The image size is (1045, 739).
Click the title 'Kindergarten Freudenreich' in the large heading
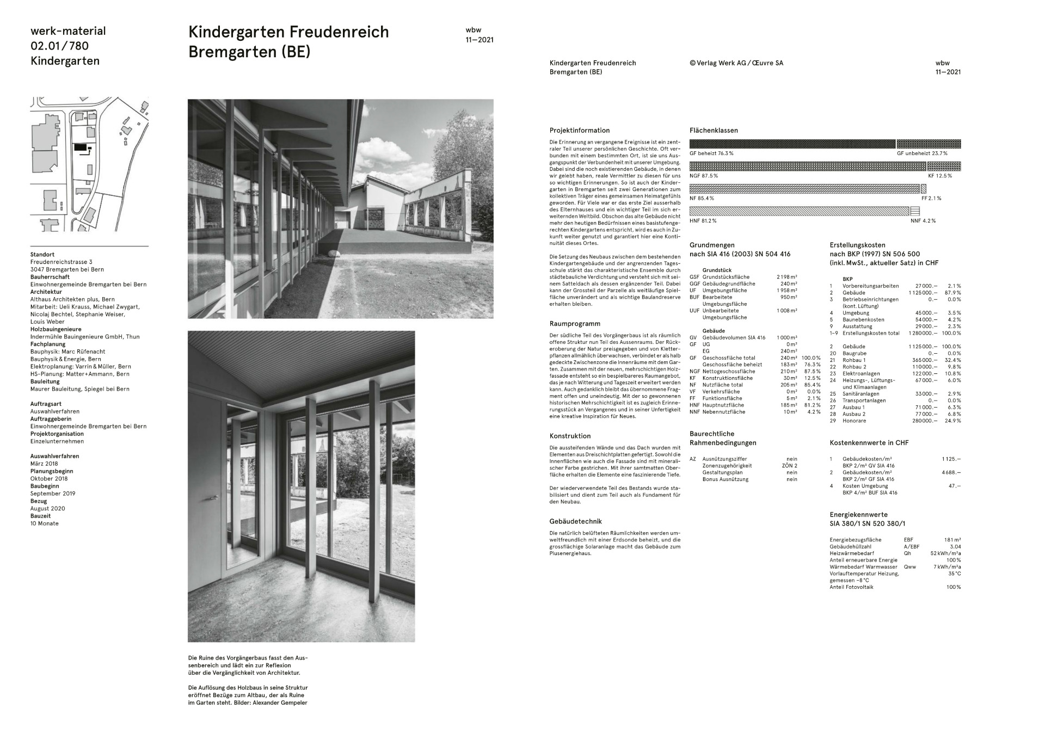pyautogui.click(x=288, y=32)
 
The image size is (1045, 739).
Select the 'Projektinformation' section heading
pyautogui.click(x=580, y=131)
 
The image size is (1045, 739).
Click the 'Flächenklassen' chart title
pyautogui.click(x=714, y=131)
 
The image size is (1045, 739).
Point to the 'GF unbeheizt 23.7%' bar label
pyautogui.click(x=922, y=153)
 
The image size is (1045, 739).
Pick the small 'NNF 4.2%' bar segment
pyautogui.click(x=915, y=211)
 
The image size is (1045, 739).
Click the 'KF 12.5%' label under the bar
pyautogui.click(x=940, y=176)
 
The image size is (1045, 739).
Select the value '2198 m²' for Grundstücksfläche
pyautogui.click(x=786, y=277)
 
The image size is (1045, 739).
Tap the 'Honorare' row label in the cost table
pyautogui.click(x=853, y=421)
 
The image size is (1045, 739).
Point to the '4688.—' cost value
pyautogui.click(x=951, y=472)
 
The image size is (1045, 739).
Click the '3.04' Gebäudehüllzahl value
pyautogui.click(x=955, y=546)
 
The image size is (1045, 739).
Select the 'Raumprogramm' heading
pyautogui.click(x=575, y=324)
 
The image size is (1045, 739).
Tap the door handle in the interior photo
pyautogui.click(x=215, y=497)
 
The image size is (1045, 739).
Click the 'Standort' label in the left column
pyautogui.click(x=42, y=255)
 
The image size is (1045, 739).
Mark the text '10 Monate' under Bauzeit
pyautogui.click(x=45, y=524)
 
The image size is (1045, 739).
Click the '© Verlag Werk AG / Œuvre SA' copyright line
pyautogui.click(x=736, y=63)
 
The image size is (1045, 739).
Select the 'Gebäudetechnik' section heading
pyautogui.click(x=575, y=521)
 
